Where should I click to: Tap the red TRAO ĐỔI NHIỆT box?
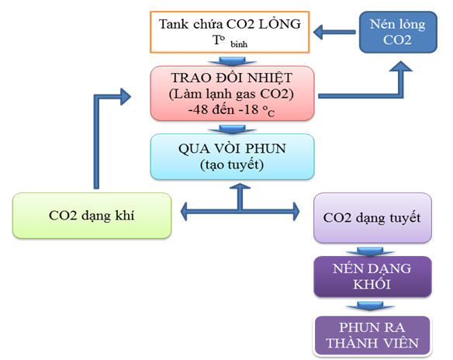(x=232, y=93)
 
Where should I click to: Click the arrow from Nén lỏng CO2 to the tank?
(x=336, y=33)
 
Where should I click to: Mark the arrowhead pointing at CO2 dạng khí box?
(x=186, y=209)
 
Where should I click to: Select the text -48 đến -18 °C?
(x=232, y=110)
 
